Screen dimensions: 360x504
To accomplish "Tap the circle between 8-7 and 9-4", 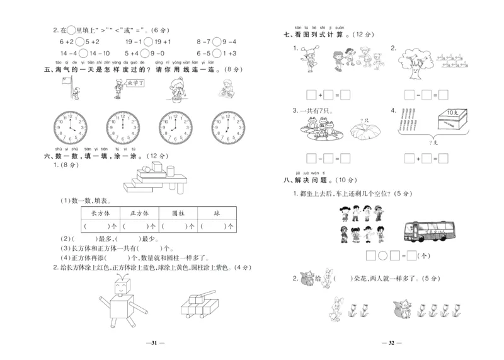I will [216, 42].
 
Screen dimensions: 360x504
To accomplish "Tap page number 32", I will [389, 343].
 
